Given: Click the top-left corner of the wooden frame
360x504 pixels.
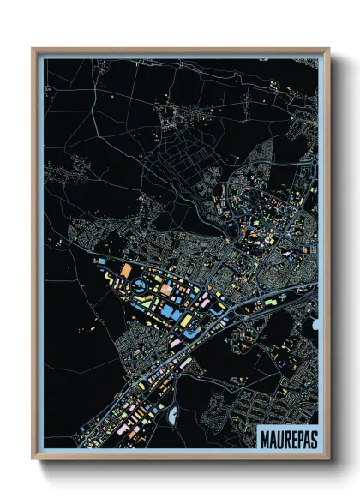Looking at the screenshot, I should pyautogui.click(x=33, y=49).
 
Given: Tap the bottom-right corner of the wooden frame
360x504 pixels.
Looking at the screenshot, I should pyautogui.click(x=328, y=459).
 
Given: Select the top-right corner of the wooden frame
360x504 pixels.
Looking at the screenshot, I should pyautogui.click(x=328, y=49).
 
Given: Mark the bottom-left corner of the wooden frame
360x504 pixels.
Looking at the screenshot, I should pyautogui.click(x=33, y=459).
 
